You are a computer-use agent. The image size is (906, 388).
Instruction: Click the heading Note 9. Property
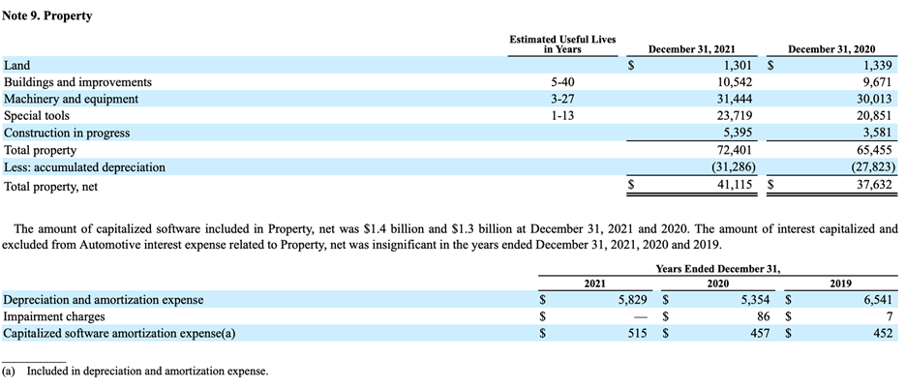point(47,16)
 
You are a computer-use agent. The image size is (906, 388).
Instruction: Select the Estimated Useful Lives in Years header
point(561,44)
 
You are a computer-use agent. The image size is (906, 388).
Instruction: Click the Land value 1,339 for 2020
point(874,66)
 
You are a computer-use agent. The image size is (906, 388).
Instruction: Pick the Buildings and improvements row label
point(77,82)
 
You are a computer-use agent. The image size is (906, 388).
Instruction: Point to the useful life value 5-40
point(561,82)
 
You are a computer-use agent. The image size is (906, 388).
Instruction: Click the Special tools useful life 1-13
point(561,115)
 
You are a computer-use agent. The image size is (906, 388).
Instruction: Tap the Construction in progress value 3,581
point(874,133)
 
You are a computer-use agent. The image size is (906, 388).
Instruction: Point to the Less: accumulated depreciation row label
point(84,167)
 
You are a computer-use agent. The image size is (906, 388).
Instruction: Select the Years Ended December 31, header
point(717,268)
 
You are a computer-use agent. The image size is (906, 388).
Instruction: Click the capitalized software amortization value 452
point(881,333)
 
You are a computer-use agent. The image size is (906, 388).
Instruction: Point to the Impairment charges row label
point(54,316)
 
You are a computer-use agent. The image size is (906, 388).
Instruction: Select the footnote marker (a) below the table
point(9,371)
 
